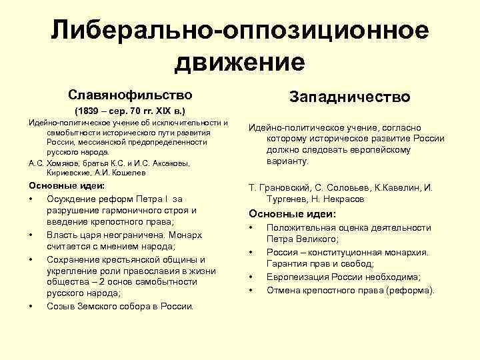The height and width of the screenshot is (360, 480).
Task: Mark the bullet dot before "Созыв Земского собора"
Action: [31, 307]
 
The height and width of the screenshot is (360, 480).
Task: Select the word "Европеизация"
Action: [297, 277]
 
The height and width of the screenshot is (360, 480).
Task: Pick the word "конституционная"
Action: [345, 252]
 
